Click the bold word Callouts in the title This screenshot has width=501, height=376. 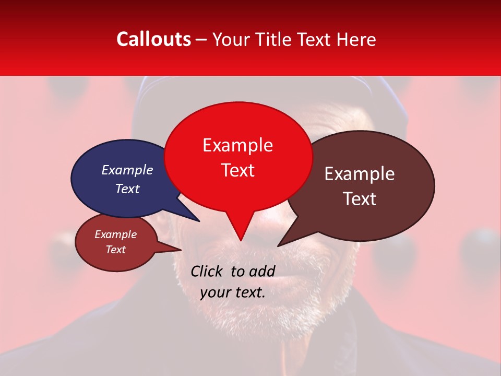(x=153, y=39)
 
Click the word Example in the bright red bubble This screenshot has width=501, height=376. (x=237, y=145)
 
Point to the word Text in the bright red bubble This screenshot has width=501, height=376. (x=237, y=170)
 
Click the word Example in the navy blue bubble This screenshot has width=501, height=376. (x=127, y=170)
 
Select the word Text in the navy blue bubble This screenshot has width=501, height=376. (x=127, y=189)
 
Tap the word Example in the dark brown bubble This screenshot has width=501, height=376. (x=360, y=174)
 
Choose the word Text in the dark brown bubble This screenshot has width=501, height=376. (x=360, y=199)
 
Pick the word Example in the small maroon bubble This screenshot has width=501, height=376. (x=115, y=234)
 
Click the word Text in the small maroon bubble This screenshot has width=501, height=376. (x=115, y=250)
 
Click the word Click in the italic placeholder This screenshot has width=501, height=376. (x=207, y=271)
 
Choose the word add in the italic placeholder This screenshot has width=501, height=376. (x=262, y=271)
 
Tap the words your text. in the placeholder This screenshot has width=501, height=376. (x=232, y=292)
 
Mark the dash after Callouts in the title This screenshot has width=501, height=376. (x=201, y=39)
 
